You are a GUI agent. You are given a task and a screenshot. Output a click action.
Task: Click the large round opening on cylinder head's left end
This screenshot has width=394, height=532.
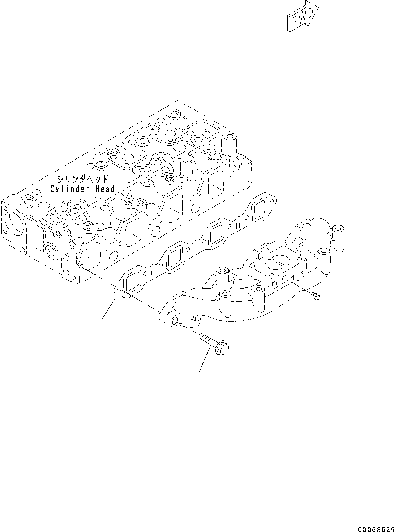click(14, 225)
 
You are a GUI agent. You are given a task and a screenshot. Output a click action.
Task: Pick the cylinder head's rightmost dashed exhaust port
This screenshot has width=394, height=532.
click(215, 184)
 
